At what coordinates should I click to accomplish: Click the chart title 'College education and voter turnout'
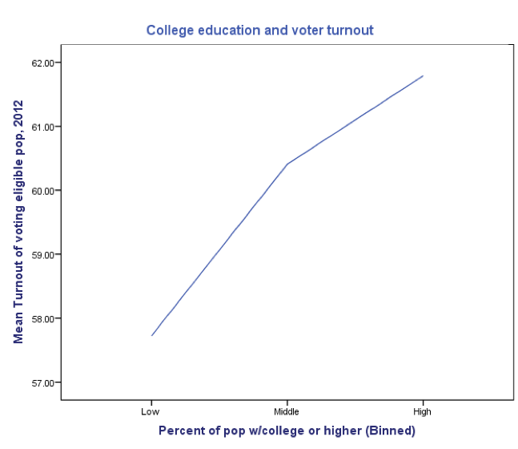259,30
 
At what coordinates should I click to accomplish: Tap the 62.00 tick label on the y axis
40,63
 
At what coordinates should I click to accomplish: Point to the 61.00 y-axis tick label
40,127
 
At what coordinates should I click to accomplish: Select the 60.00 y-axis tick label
40,191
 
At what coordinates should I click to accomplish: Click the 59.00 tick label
40,255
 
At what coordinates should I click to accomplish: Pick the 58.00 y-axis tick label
40,319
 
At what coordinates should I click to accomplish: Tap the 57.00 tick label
40,382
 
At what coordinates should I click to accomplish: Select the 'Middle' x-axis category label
287,411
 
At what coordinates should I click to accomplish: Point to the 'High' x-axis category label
423,411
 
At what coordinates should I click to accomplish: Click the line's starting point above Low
151,335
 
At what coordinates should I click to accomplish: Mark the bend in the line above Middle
287,164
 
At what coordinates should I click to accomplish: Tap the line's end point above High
423,75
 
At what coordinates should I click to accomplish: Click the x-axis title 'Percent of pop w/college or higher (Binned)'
287,431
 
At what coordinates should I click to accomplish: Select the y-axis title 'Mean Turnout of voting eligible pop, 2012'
18,222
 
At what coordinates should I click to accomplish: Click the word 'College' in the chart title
170,30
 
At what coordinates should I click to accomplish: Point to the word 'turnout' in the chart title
349,30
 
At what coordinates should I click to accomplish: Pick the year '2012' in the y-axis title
18,115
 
